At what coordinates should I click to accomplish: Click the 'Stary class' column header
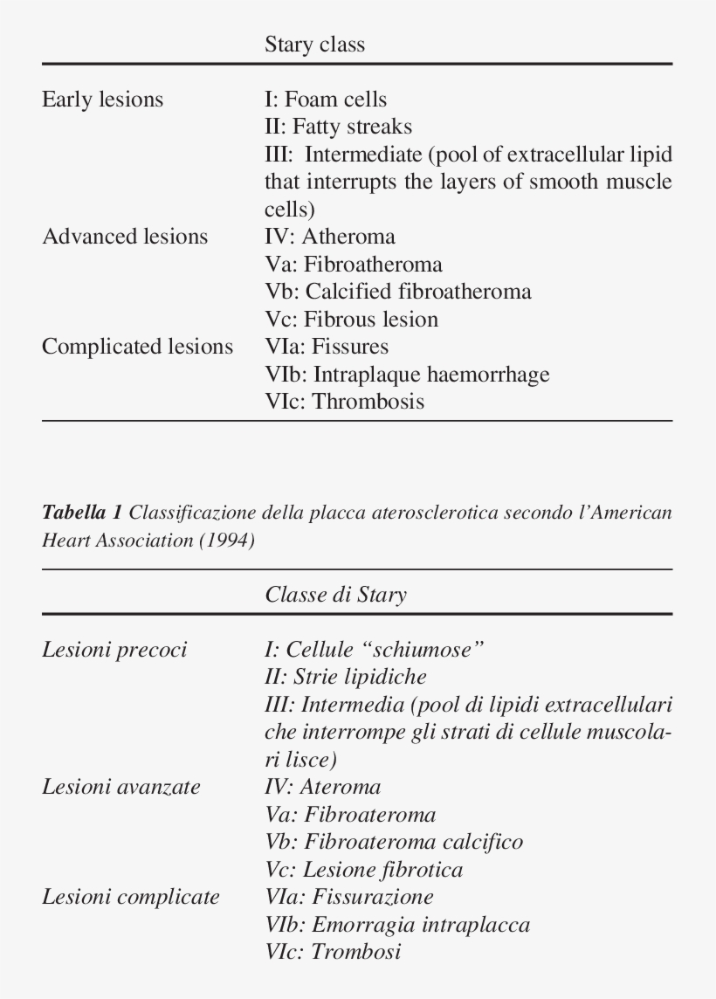(314, 45)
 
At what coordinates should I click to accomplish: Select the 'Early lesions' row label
(102, 100)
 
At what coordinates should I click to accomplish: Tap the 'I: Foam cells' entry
(325, 100)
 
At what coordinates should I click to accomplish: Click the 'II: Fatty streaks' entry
(338, 127)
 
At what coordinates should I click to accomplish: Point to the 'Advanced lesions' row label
(125, 237)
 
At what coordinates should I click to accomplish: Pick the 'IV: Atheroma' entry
(329, 237)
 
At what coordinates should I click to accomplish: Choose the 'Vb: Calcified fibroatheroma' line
(397, 292)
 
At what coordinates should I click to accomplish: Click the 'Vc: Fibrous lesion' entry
(351, 320)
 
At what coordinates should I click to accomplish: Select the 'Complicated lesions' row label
(137, 347)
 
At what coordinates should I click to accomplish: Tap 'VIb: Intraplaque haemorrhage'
(407, 375)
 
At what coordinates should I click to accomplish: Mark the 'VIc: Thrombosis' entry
(344, 402)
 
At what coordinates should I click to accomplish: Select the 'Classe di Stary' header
(335, 596)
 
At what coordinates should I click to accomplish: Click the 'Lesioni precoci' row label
(114, 650)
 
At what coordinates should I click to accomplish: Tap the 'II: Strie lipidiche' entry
(345, 677)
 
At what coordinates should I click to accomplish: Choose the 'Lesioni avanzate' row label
(121, 787)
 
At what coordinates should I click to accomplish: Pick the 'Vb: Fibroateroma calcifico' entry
(393, 842)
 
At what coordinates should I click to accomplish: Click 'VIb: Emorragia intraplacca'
(396, 925)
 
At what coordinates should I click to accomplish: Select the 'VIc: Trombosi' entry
(333, 952)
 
